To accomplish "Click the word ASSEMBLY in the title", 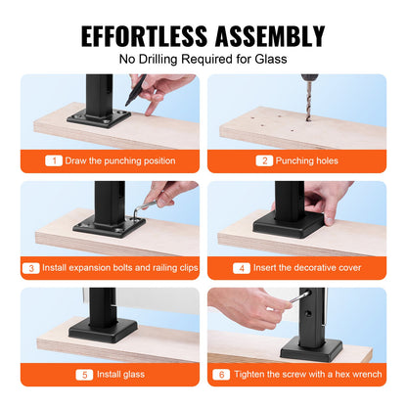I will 266,36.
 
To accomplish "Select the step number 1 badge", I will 55,159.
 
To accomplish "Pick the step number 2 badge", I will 265,159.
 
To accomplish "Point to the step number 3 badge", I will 33,266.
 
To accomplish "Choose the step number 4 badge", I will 241,266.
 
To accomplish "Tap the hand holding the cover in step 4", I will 328,197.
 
